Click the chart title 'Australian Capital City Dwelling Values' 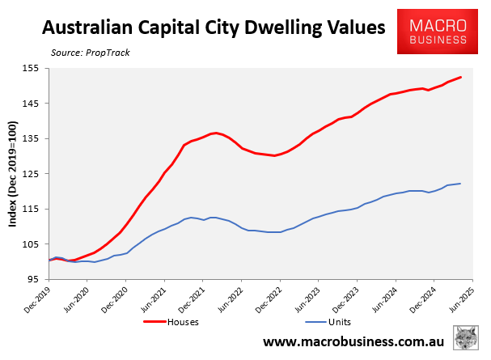(214, 28)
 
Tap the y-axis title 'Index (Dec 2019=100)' (14, 174)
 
